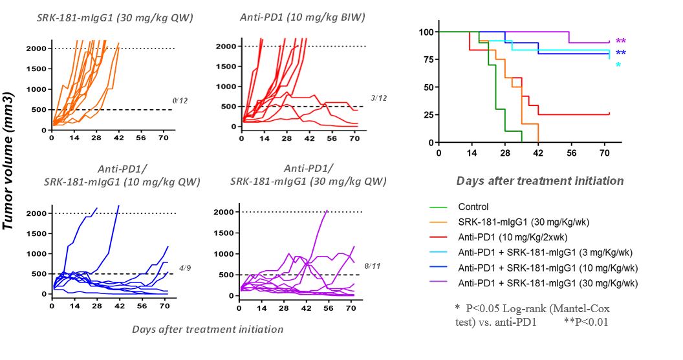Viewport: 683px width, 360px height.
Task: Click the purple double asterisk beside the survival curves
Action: [x=621, y=42]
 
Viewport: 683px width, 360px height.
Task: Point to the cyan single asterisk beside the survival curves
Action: [x=618, y=66]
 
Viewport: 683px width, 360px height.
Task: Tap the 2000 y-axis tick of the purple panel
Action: [x=222, y=212]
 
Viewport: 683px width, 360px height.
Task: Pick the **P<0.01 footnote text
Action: [x=586, y=321]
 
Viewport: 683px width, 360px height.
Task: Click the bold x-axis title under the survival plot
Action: [x=540, y=181]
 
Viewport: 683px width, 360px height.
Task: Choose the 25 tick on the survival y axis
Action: [x=428, y=114]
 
